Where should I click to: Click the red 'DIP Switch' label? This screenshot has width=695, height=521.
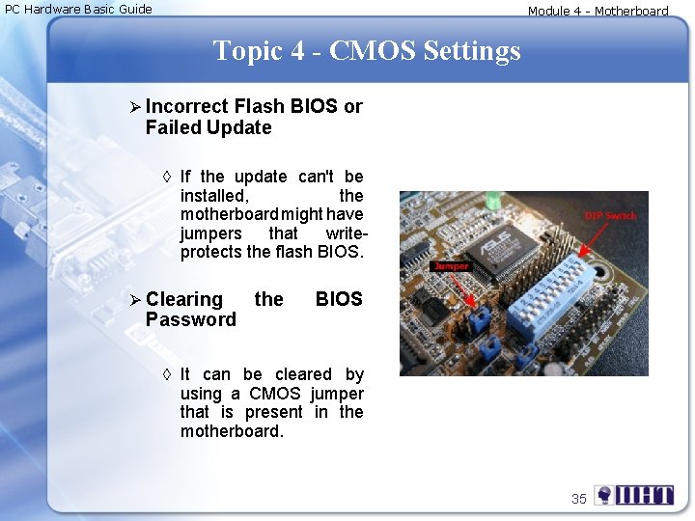point(610,215)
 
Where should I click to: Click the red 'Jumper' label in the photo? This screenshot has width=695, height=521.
point(451,265)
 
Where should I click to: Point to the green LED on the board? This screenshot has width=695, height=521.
point(493,202)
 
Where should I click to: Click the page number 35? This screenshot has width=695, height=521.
point(578,499)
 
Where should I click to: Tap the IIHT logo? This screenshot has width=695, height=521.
point(634,497)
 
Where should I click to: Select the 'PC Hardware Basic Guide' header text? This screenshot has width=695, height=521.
point(78,10)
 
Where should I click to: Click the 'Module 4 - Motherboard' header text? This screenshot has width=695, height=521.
point(598,12)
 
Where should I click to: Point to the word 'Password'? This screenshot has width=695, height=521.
point(190,319)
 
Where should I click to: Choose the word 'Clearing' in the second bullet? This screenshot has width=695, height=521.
point(183,299)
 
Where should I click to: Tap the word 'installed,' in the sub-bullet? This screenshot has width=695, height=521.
point(213,195)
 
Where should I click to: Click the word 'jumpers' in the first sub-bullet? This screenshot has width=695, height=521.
point(210,233)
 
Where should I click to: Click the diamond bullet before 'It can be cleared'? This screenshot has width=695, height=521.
point(167,374)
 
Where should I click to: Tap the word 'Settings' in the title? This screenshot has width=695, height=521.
point(468,50)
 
